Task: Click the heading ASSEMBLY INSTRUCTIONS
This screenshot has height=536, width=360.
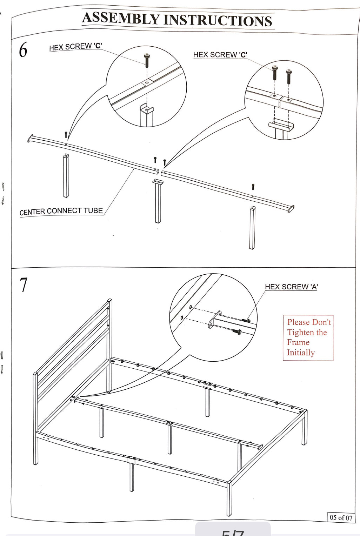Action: click(x=177, y=19)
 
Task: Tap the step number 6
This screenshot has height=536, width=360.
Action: click(x=23, y=50)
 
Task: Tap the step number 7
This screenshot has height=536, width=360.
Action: click(x=23, y=284)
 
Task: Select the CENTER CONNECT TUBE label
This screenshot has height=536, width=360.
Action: click(x=61, y=211)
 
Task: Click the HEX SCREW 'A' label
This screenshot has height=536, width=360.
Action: click(x=291, y=287)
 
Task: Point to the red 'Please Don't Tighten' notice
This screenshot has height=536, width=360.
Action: click(x=308, y=337)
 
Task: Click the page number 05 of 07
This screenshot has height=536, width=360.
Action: click(x=341, y=517)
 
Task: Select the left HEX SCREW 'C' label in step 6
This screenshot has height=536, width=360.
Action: click(x=75, y=47)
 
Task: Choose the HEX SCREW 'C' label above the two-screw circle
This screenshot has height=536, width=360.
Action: click(x=220, y=55)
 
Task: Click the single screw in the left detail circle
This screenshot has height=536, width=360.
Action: click(x=147, y=60)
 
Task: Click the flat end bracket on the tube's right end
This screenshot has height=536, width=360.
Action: click(x=291, y=209)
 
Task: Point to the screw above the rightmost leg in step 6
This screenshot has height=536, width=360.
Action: click(x=253, y=187)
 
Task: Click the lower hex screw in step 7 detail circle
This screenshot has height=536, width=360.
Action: click(x=237, y=331)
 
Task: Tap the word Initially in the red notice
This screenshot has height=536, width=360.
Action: click(x=301, y=353)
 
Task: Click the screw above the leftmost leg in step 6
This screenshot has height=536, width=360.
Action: click(x=66, y=135)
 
